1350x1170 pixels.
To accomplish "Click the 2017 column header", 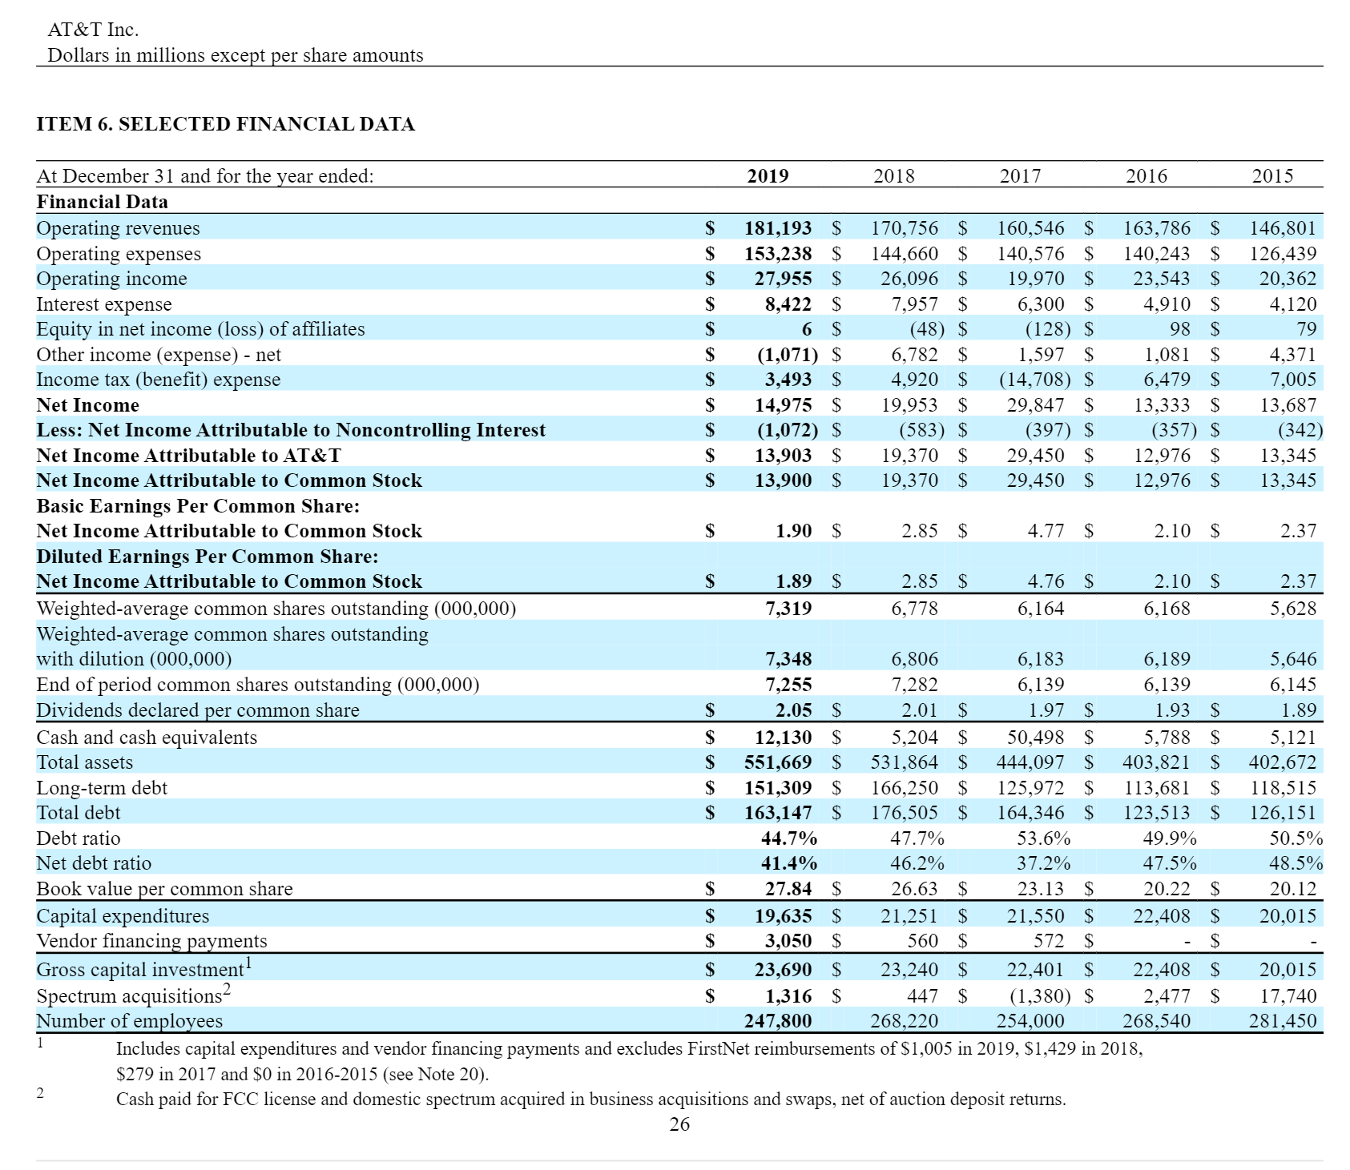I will pyautogui.click(x=1020, y=176).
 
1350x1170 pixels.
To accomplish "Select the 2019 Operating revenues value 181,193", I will pyautogui.click(x=778, y=228).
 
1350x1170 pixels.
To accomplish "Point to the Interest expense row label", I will pyautogui.click(x=104, y=304).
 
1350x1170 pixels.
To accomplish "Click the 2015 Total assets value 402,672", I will pyautogui.click(x=1282, y=762).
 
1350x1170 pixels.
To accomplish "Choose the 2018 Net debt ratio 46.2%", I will pyautogui.click(x=917, y=863).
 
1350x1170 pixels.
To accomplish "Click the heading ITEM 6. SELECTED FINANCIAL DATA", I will pyautogui.click(x=226, y=124).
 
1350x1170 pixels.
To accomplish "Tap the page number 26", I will pyautogui.click(x=679, y=1124).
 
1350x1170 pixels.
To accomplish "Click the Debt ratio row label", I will pyautogui.click(x=79, y=838).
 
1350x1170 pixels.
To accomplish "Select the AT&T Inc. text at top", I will pyautogui.click(x=93, y=30).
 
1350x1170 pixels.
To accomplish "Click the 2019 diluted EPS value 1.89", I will pyautogui.click(x=793, y=581).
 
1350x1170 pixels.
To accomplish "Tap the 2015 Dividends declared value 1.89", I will pyautogui.click(x=1298, y=710).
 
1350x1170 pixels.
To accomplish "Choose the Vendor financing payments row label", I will pyautogui.click(x=151, y=941).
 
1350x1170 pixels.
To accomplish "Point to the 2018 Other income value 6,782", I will pyautogui.click(x=914, y=355).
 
